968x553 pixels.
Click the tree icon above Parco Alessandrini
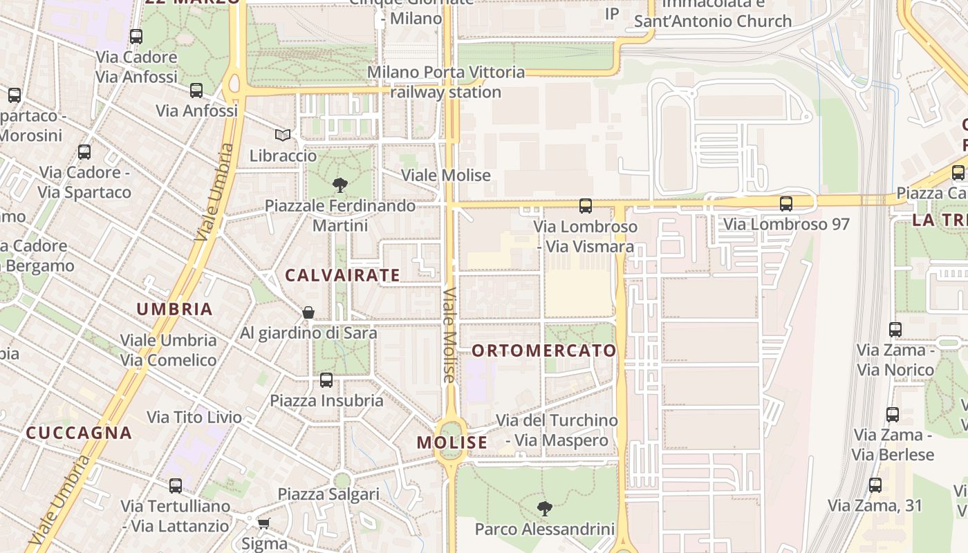pos(545,509)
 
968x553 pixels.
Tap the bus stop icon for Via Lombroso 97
pos(785,204)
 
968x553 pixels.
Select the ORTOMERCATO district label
pos(544,350)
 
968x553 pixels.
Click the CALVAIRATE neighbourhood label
pos(343,275)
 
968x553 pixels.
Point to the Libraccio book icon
pos(282,135)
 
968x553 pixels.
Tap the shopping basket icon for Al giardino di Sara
pos(308,313)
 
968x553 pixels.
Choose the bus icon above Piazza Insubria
pos(326,380)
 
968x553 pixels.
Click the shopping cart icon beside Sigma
pos(263,523)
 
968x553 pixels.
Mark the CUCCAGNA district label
pos(79,433)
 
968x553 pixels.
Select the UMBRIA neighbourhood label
pos(174,309)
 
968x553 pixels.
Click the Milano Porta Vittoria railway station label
pos(446,82)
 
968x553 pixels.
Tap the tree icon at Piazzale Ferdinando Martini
pos(339,185)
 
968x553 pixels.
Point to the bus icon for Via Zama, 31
pos(875,485)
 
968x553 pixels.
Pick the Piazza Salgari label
pos(328,494)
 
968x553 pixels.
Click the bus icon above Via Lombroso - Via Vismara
pos(586,206)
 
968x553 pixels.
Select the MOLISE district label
pos(452,442)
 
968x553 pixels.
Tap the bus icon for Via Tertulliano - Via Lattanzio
pos(176,486)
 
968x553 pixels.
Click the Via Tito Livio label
pos(194,417)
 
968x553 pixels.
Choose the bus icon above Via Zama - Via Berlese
pos(893,415)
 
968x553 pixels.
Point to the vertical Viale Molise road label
pos(450,335)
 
